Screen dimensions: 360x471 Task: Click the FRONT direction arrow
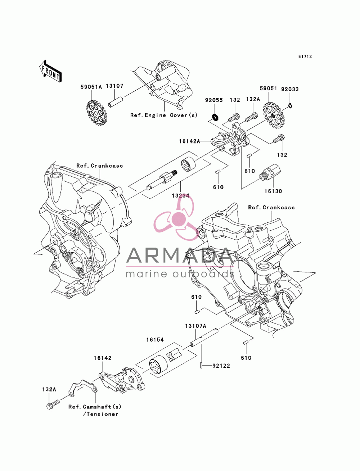point(50,71)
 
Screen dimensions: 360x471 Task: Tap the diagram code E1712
point(305,56)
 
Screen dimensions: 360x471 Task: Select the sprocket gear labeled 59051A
point(96,111)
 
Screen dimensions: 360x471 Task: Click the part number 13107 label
point(114,86)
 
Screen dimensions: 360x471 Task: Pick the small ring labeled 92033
point(290,105)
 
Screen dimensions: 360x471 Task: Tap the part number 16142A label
point(190,141)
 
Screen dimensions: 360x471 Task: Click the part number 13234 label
point(180,195)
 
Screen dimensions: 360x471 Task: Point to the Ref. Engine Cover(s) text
point(164,115)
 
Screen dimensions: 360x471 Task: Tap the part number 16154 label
point(155,340)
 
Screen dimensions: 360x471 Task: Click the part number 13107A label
point(195,326)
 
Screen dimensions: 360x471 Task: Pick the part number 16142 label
point(103,358)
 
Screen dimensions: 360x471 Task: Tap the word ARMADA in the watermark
point(180,255)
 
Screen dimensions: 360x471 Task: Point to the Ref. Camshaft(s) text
point(95,407)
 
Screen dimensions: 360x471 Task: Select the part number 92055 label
point(214,100)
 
